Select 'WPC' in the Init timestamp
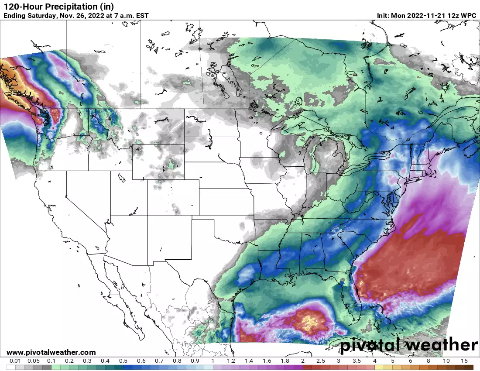coord(469,16)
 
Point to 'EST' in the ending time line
coord(142,16)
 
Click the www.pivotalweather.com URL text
coord(51,352)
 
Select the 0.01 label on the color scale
coord(15,361)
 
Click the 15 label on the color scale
coord(464,361)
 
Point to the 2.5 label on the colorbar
coord(321,361)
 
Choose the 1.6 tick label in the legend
coord(267,361)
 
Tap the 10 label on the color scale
coord(446,361)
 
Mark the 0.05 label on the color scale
coord(33,361)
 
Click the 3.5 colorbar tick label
coord(357,361)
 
